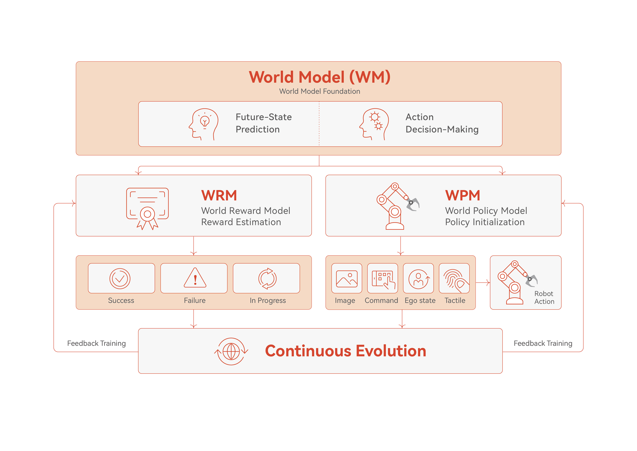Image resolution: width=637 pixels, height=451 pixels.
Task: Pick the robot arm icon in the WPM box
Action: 398,206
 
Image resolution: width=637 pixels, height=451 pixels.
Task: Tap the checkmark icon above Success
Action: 120,279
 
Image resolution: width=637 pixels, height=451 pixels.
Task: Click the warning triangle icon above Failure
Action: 195,277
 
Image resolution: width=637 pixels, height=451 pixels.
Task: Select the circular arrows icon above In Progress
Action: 267,279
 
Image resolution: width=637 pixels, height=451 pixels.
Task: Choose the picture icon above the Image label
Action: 347,279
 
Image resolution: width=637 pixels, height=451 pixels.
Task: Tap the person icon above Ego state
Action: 419,279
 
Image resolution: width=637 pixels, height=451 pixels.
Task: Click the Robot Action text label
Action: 544,297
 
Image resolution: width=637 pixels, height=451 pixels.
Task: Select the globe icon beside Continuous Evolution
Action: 231,351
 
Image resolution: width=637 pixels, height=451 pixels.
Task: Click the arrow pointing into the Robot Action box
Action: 483,283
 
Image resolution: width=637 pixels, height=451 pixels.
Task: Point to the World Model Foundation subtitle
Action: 320,91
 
